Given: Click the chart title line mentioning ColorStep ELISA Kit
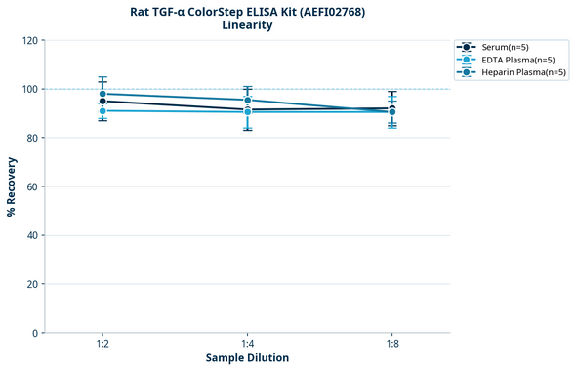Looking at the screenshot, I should point(247,12).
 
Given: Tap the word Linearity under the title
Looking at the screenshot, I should point(247,25).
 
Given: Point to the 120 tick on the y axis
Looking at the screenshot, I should point(29,40).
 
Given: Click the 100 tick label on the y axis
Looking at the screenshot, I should point(29,89).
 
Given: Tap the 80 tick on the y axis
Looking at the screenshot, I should point(32,138).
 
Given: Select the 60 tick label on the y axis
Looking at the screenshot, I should point(32,186).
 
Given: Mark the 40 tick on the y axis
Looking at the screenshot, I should point(32,235).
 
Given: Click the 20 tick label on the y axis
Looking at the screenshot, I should point(32,284).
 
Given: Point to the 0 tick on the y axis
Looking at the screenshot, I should point(35,333).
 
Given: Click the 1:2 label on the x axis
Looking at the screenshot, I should point(103,344).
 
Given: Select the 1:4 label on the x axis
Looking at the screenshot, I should point(247,344).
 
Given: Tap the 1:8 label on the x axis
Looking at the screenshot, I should point(391,344).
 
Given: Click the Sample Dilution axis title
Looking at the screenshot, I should point(247,358).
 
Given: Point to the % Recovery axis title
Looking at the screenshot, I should point(12,185).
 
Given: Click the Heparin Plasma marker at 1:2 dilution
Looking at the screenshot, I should point(103,94).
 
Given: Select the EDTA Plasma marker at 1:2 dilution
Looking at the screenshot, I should point(103,111).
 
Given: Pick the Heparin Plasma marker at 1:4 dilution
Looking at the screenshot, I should point(247,100).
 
